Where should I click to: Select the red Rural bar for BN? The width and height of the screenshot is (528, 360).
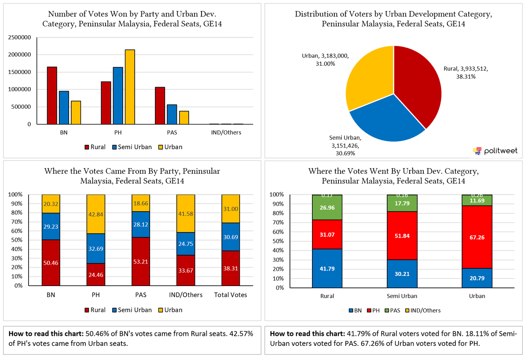(x=52, y=96)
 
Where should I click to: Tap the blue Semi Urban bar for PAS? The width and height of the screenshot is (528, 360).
(x=172, y=114)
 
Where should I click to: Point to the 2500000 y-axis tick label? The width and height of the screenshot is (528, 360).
(x=19, y=37)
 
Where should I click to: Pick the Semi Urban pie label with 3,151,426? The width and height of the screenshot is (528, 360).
(x=345, y=145)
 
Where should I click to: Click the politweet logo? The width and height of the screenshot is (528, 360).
(x=495, y=151)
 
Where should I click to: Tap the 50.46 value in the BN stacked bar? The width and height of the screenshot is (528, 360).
(x=51, y=263)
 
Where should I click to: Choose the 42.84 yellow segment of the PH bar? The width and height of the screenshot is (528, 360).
(x=96, y=214)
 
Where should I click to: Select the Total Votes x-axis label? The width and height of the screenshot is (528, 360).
(x=231, y=295)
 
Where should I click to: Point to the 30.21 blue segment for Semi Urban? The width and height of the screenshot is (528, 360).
(x=402, y=273)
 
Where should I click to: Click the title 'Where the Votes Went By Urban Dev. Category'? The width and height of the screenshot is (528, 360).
(x=393, y=171)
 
